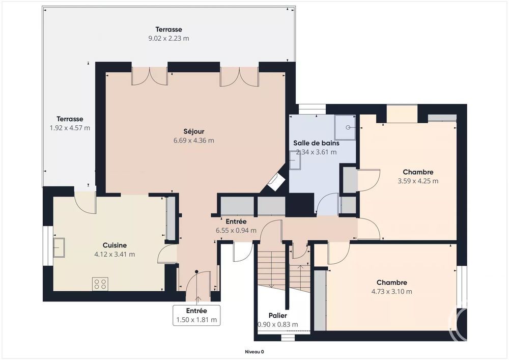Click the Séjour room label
point(194,131)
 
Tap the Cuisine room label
point(115,245)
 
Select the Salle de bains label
point(316,143)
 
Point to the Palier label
point(278,316)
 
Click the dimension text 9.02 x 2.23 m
point(168,38)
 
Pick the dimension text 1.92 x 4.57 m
point(67,128)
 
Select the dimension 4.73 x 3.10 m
point(391,291)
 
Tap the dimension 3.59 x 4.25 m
point(418,181)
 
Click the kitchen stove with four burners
point(100,284)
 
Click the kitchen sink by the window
point(59,247)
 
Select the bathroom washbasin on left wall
point(296,160)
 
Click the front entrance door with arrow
point(197,285)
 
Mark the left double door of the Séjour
point(149,75)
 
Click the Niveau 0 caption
point(254,351)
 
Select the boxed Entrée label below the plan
point(196,315)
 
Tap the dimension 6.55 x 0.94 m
point(236,230)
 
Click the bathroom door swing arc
point(326,205)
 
